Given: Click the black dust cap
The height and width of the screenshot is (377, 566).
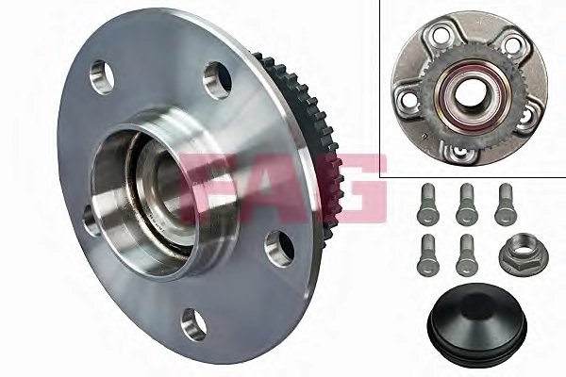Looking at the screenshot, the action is [x=477, y=320].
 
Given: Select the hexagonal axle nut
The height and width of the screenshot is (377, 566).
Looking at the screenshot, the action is [x=524, y=254].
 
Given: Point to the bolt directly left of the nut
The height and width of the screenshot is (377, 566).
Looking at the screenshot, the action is [x=466, y=254].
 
